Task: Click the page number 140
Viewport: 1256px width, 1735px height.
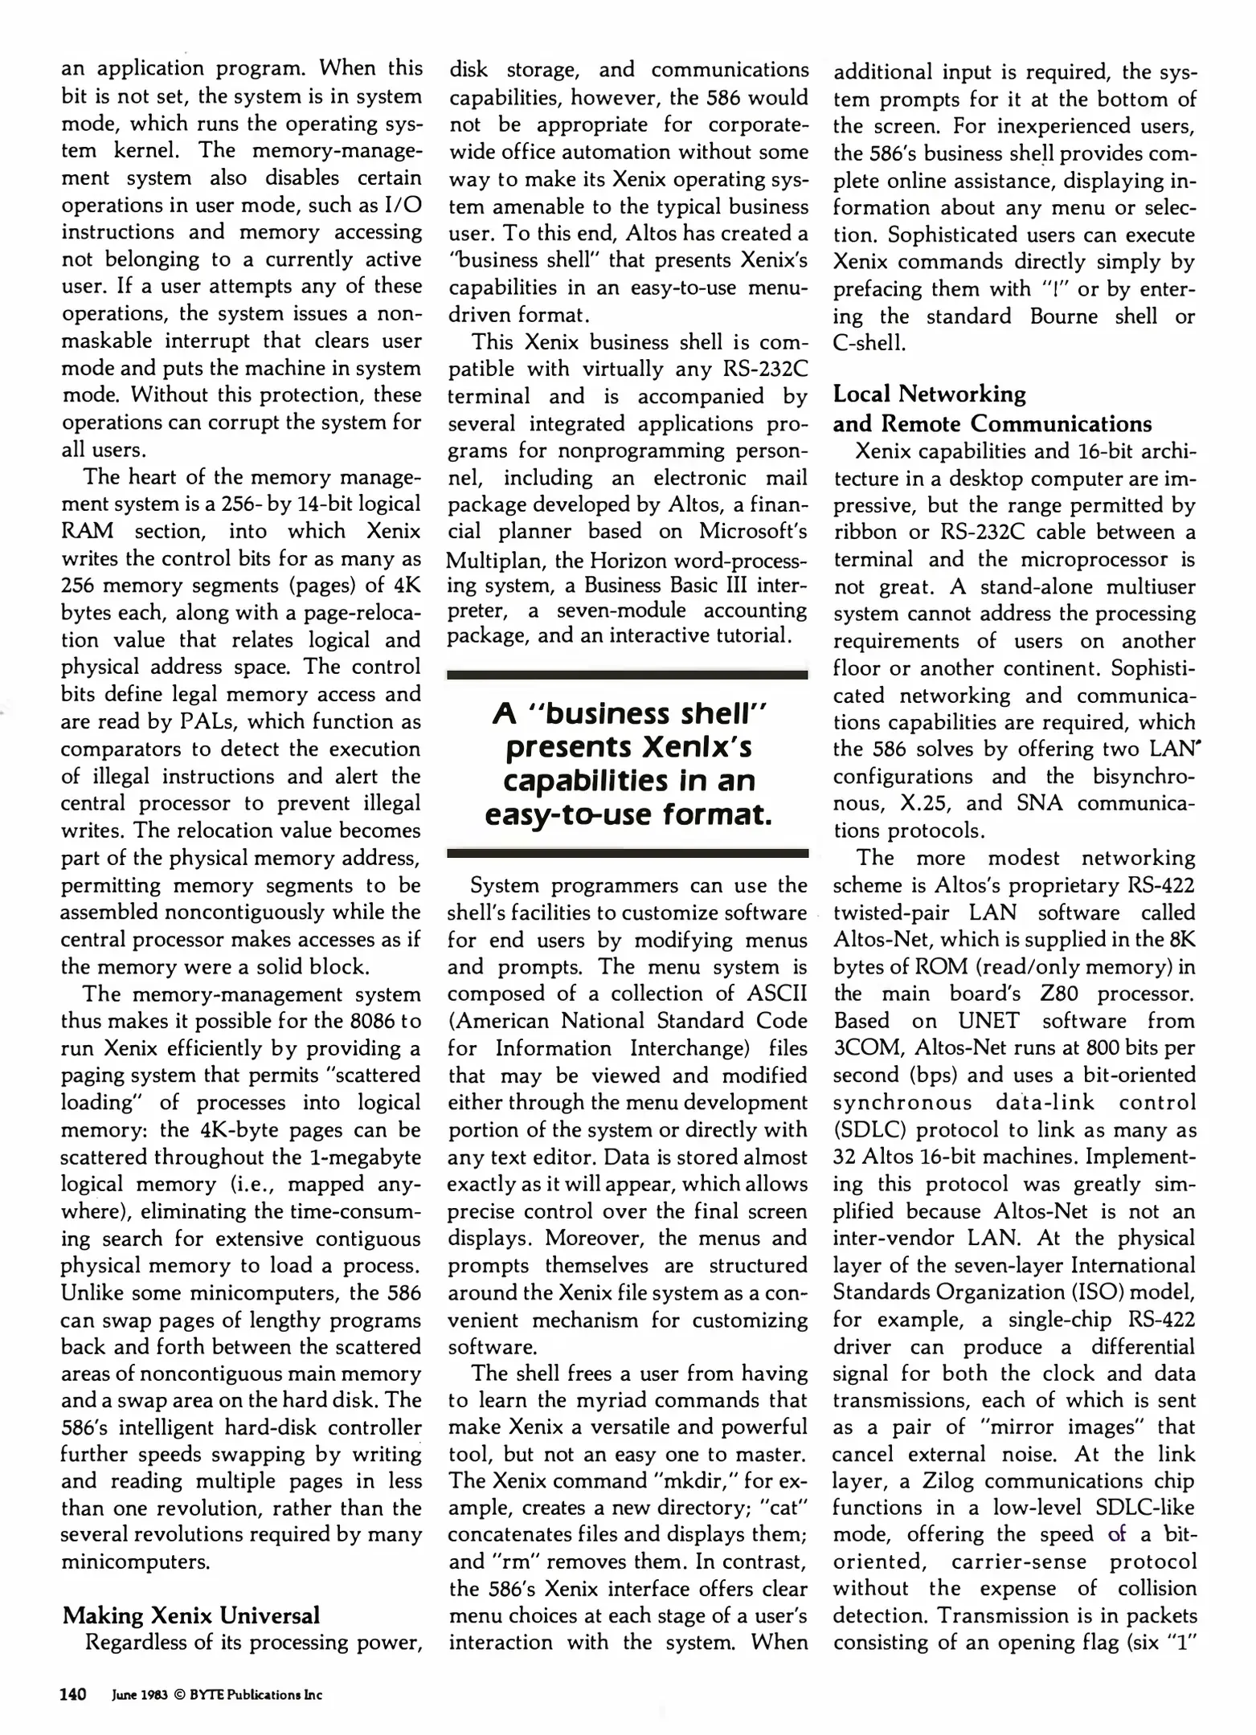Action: (73, 1695)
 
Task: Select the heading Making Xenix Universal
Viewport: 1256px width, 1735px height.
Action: (191, 1615)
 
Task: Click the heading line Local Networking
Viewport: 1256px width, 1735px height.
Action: (929, 394)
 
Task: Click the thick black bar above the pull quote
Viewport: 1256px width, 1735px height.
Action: (627, 676)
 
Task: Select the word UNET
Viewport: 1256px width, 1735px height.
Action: (988, 1021)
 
